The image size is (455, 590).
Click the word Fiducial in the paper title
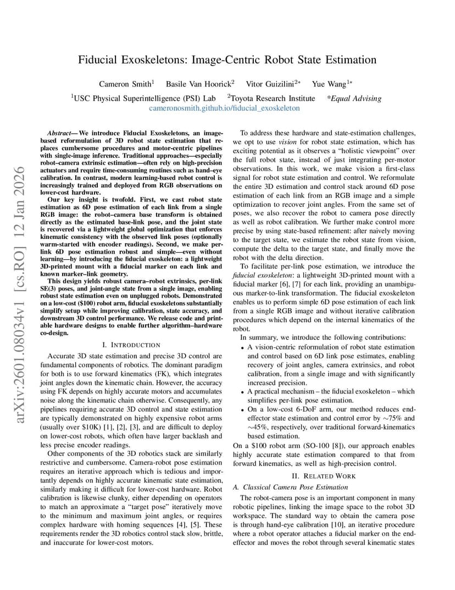pos(100,59)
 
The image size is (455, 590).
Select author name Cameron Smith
pos(125,84)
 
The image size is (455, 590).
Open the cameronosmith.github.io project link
pos(224,108)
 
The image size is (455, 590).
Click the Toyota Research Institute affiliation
pos(273,99)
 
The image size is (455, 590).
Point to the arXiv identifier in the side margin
pos(20,294)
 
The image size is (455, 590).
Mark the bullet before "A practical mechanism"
pos(243,391)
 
